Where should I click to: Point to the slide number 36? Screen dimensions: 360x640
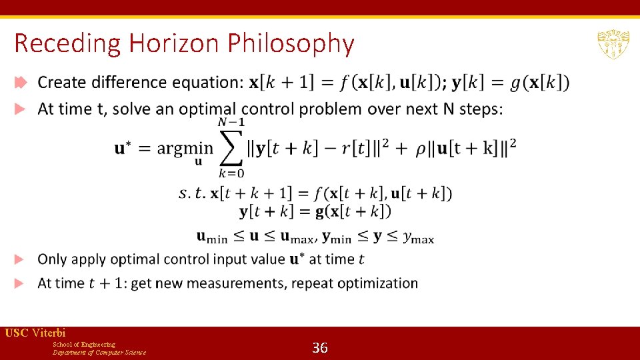320,347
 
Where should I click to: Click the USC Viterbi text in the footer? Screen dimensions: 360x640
35,333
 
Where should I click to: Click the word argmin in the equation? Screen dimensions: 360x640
185,148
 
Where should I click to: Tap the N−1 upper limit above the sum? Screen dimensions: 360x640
231,122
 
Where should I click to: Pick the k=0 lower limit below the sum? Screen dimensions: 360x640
231,173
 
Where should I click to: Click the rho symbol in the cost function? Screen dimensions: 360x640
421,148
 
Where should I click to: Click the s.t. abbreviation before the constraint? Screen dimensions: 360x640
193,193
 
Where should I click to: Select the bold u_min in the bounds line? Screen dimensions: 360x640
212,236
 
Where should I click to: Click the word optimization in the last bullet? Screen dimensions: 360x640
377,283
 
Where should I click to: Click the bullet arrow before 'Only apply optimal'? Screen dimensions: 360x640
19,259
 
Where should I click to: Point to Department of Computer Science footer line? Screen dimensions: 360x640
99,353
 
